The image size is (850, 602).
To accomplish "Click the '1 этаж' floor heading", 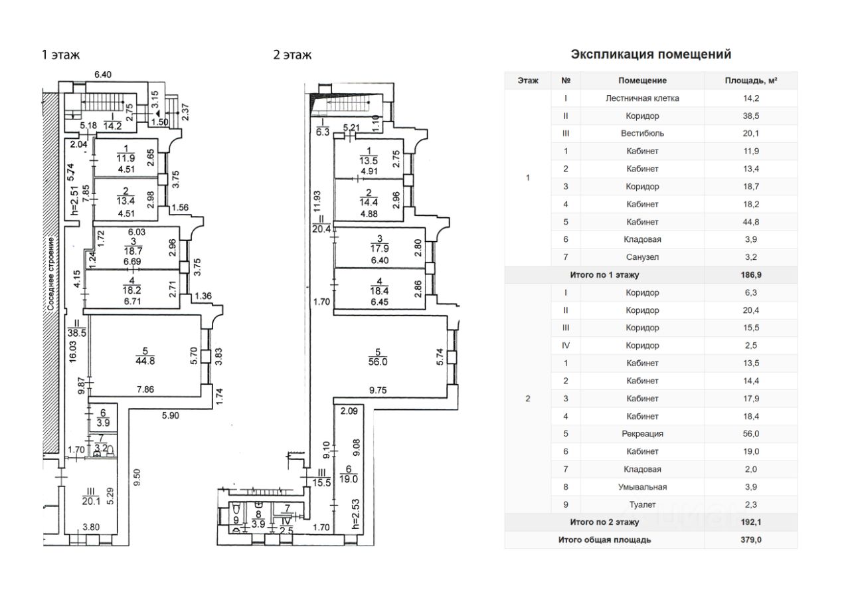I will click(60, 55).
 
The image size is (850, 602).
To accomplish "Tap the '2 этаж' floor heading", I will click(292, 55).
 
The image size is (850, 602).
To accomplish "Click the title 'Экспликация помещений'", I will click(651, 54).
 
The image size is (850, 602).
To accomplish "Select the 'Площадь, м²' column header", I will click(750, 80).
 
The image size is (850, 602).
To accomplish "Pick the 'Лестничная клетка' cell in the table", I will click(642, 98).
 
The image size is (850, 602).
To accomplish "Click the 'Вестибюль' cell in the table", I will click(642, 134).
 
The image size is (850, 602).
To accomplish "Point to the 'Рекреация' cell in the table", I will click(642, 434).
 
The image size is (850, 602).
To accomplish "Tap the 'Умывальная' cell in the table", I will click(642, 487).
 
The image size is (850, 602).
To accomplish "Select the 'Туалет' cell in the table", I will click(642, 505).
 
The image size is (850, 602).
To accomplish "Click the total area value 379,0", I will click(750, 540).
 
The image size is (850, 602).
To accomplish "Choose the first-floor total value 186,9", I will click(750, 275).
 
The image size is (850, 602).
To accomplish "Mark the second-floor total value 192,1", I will click(750, 522).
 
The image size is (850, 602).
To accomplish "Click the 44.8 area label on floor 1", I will click(145, 361).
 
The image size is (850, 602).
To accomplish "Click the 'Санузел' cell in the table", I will click(642, 257).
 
